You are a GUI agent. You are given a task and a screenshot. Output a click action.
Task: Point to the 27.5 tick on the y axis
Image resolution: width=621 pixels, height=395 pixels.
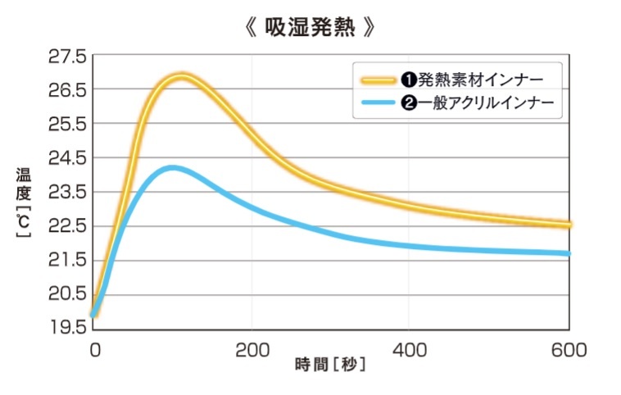click(x=67, y=57)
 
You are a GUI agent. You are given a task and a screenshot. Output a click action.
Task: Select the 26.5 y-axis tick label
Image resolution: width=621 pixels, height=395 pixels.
click(x=67, y=90)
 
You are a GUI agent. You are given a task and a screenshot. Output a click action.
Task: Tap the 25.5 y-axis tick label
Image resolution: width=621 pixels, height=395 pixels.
click(x=67, y=125)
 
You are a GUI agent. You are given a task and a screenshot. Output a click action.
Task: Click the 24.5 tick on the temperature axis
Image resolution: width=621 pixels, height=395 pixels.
click(x=67, y=158)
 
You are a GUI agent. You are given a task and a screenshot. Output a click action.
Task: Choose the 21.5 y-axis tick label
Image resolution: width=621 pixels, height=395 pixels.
click(x=67, y=260)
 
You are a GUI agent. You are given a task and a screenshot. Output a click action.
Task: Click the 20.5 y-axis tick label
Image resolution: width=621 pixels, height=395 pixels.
click(x=67, y=293)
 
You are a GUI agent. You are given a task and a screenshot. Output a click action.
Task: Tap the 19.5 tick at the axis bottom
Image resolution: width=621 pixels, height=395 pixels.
click(x=67, y=327)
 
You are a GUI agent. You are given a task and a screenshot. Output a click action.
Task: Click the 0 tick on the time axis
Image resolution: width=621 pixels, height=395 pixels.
click(x=94, y=350)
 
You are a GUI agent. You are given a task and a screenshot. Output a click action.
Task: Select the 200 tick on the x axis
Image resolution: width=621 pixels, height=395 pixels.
click(x=252, y=350)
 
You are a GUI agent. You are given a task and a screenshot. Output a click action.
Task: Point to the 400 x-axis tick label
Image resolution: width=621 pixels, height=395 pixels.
click(x=410, y=350)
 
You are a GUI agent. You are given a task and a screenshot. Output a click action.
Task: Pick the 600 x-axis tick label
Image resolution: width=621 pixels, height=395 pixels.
click(x=569, y=350)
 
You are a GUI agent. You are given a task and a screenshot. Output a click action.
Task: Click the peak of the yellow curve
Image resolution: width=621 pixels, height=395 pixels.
click(x=181, y=77)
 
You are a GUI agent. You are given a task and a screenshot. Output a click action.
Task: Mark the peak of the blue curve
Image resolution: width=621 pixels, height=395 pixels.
click(x=170, y=168)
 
